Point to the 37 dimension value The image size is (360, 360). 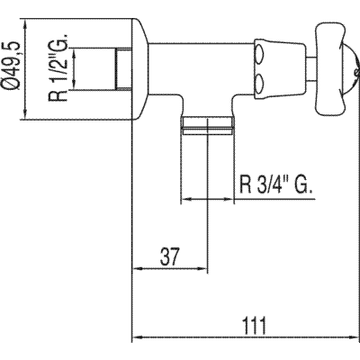point(169,256)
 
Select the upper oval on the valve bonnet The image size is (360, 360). point(260,55)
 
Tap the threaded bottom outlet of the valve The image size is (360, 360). point(208,125)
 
